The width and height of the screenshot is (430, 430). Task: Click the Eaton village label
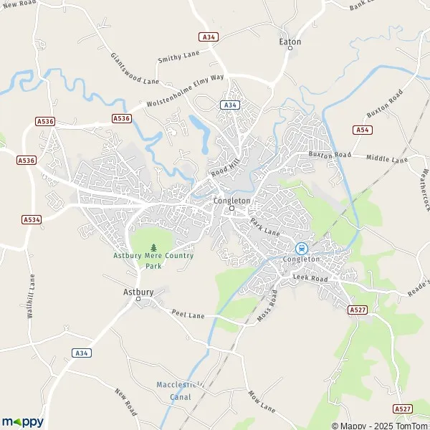click(290, 42)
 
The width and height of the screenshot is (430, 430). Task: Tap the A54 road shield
click(363, 130)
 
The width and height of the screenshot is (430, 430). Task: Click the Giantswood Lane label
click(135, 69)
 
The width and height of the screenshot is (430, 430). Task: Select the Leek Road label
click(310, 277)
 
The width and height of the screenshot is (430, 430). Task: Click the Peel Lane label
click(188, 314)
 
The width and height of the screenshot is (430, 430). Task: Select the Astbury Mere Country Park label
click(153, 260)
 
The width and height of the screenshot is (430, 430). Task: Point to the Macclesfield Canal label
click(177, 390)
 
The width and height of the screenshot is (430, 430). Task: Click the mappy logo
click(23, 421)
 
